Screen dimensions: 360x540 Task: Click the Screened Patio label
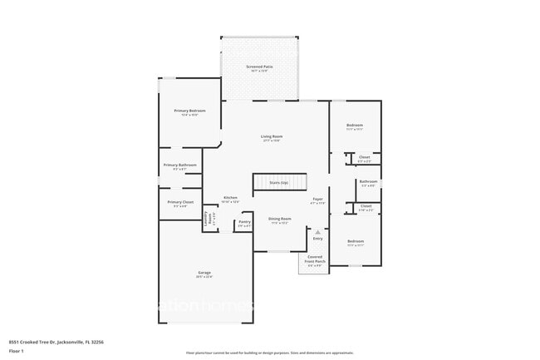click(258, 67)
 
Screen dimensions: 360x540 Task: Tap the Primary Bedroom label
click(189, 111)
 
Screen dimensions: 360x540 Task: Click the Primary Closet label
click(180, 202)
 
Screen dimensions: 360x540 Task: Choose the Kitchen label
click(230, 198)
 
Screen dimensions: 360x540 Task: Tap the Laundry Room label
click(210, 220)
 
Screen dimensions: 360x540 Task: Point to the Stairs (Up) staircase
click(280, 182)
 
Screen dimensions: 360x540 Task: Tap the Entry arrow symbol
click(317, 232)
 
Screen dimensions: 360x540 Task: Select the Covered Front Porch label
click(315, 260)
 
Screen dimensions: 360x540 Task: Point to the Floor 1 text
click(17, 349)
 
